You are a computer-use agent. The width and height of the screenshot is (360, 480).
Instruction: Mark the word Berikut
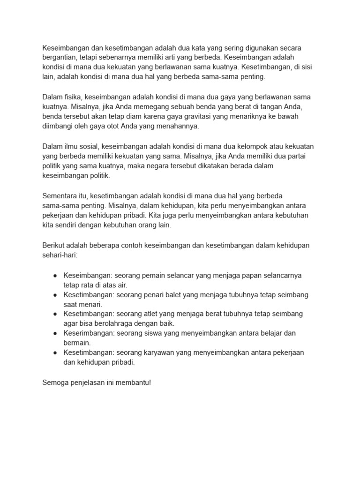point(54,245)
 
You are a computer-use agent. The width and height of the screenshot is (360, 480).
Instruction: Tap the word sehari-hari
point(60,255)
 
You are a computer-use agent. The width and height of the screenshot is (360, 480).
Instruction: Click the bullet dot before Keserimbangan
point(55,333)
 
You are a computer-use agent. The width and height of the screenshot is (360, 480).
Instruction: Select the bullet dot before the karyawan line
point(55,352)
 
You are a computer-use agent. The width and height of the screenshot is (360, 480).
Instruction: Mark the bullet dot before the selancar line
point(55,275)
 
